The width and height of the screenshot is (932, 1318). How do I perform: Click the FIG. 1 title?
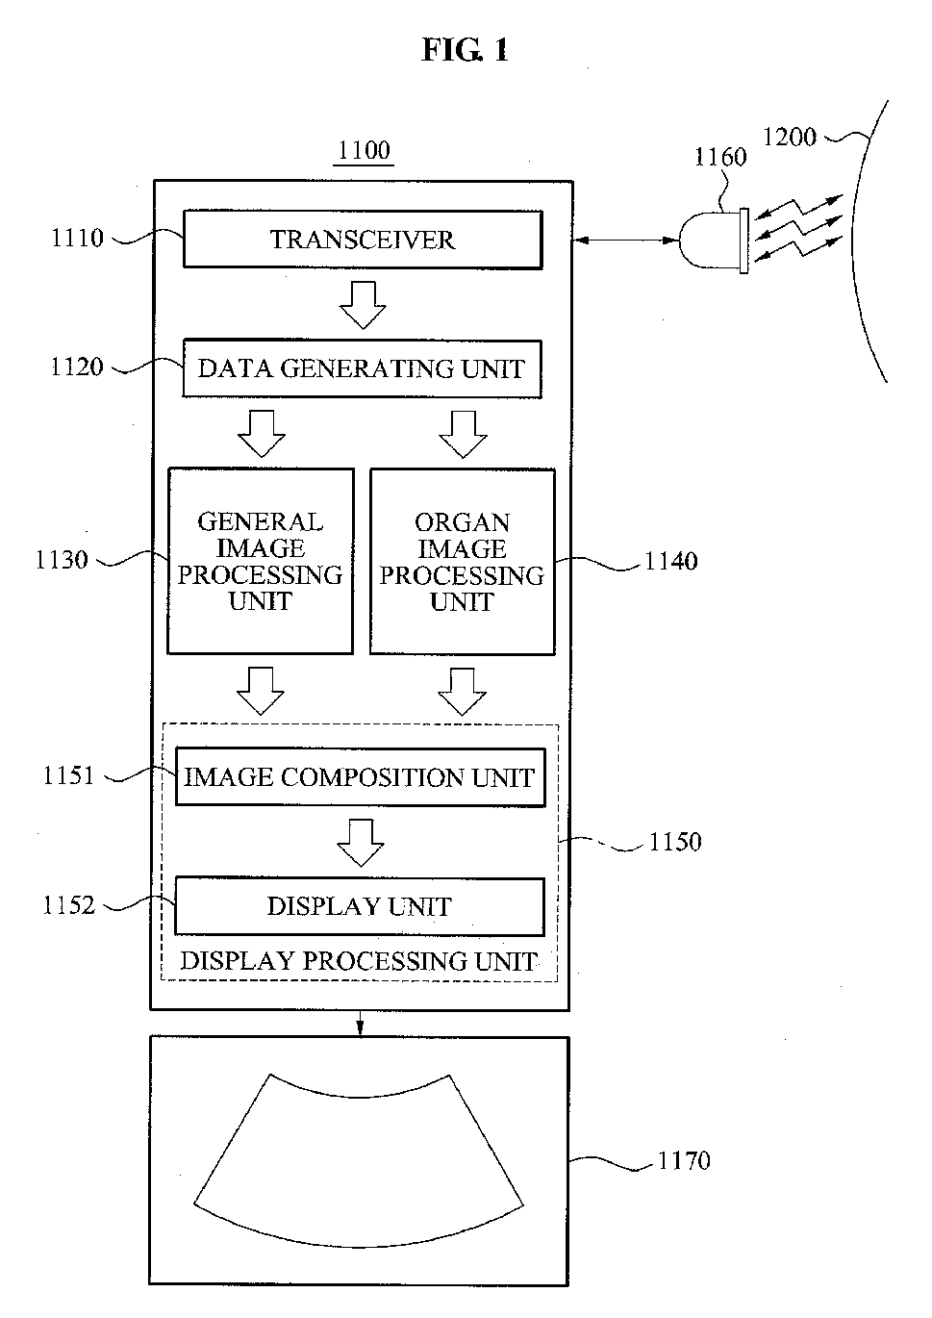pyautogui.click(x=465, y=49)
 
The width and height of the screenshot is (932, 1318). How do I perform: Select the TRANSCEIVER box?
pyautogui.click(x=363, y=240)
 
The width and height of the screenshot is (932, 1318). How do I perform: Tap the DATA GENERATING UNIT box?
pyautogui.click(x=362, y=368)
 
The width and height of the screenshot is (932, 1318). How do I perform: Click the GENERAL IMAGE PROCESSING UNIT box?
pyautogui.click(x=261, y=561)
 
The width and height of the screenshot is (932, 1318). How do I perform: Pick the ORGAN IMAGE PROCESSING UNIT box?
pyautogui.click(x=463, y=561)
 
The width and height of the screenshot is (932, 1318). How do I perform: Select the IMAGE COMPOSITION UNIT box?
pyautogui.click(x=360, y=777)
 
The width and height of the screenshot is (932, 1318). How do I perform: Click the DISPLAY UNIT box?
pyautogui.click(x=360, y=906)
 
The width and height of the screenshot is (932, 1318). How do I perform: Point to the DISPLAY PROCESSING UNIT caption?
pyautogui.click(x=359, y=961)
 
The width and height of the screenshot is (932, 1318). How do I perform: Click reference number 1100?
pyautogui.click(x=364, y=150)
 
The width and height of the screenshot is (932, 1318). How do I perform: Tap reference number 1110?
pyautogui.click(x=78, y=238)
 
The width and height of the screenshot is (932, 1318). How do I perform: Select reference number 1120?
pyautogui.click(x=77, y=367)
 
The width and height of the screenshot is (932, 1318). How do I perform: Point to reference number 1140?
pyautogui.click(x=671, y=561)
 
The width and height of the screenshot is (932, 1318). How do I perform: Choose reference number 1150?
pyautogui.click(x=675, y=842)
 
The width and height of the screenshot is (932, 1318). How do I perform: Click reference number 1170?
pyautogui.click(x=684, y=1160)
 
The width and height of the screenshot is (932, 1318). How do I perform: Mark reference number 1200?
pyautogui.click(x=790, y=138)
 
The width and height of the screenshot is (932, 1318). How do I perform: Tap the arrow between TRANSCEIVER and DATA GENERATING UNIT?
pyautogui.click(x=363, y=305)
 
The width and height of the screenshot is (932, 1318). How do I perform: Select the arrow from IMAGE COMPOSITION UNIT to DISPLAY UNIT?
pyautogui.click(x=360, y=843)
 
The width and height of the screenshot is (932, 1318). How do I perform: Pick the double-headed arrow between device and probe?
pyautogui.click(x=626, y=241)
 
